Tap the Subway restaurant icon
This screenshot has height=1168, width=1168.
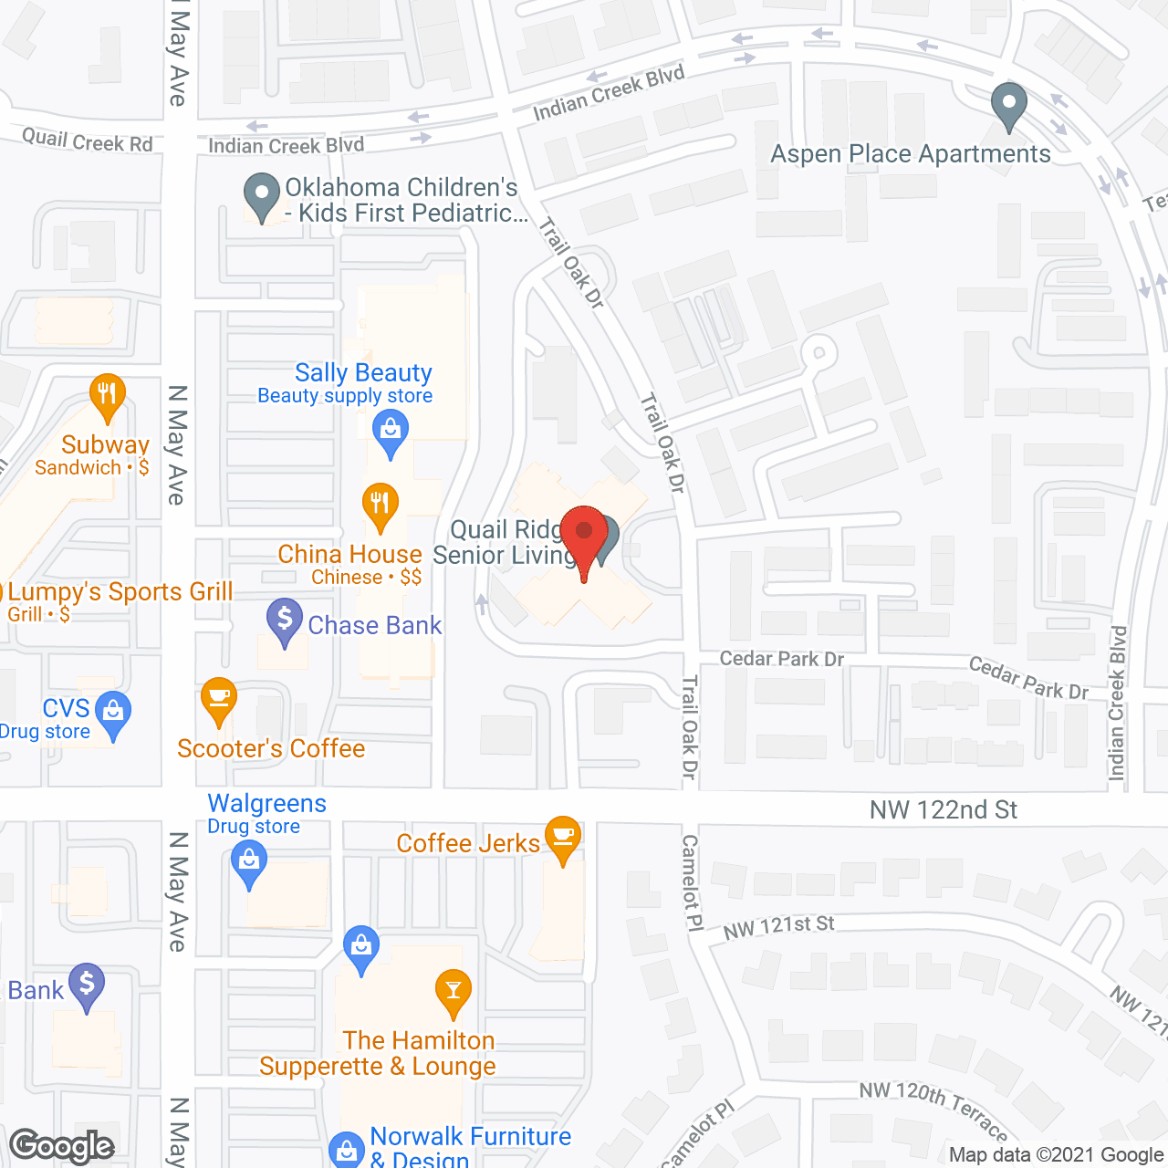107,395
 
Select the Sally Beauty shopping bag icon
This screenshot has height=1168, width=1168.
391,431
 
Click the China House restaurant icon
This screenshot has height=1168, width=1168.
380,504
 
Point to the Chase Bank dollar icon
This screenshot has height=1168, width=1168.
285,620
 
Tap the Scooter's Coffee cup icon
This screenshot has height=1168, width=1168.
219,699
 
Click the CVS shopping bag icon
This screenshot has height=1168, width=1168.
114,712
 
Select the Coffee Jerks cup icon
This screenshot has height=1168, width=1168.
563,837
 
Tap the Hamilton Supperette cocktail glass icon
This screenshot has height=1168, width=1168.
453,991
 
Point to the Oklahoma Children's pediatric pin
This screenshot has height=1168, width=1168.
263,194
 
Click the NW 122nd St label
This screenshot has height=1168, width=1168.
943,809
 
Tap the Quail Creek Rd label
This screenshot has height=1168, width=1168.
88,141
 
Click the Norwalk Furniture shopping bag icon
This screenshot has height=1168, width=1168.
347,1150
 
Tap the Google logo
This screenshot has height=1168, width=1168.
62,1146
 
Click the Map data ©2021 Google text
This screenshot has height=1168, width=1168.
1057,1154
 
